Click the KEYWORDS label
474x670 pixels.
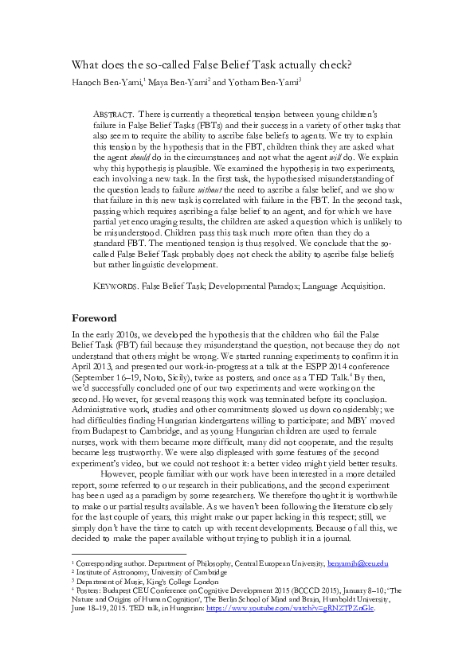[x=116, y=284]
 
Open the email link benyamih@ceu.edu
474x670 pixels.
[x=358, y=563]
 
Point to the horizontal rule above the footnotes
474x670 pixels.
[x=128, y=554]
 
